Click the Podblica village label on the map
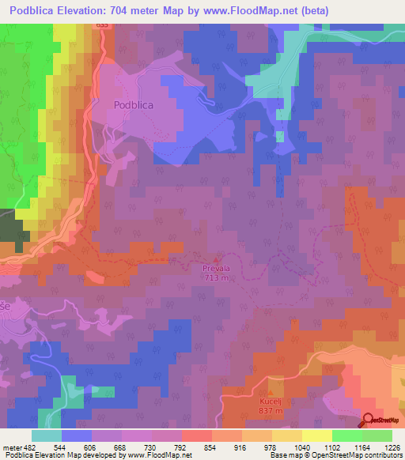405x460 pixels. (x=133, y=104)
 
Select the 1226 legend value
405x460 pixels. (x=392, y=447)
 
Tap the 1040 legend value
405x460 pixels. (x=302, y=447)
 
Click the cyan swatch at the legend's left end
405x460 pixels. (x=47, y=435)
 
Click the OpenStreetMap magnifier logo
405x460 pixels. (x=369, y=420)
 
